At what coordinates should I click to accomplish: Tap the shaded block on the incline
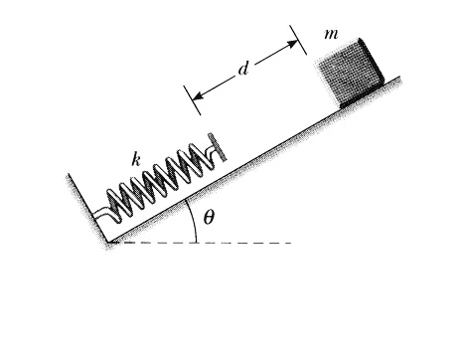pos(349,71)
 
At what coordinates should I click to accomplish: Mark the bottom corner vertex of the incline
pos(107,242)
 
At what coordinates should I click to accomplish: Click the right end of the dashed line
pos(291,243)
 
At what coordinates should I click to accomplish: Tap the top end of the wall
pos(69,176)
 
